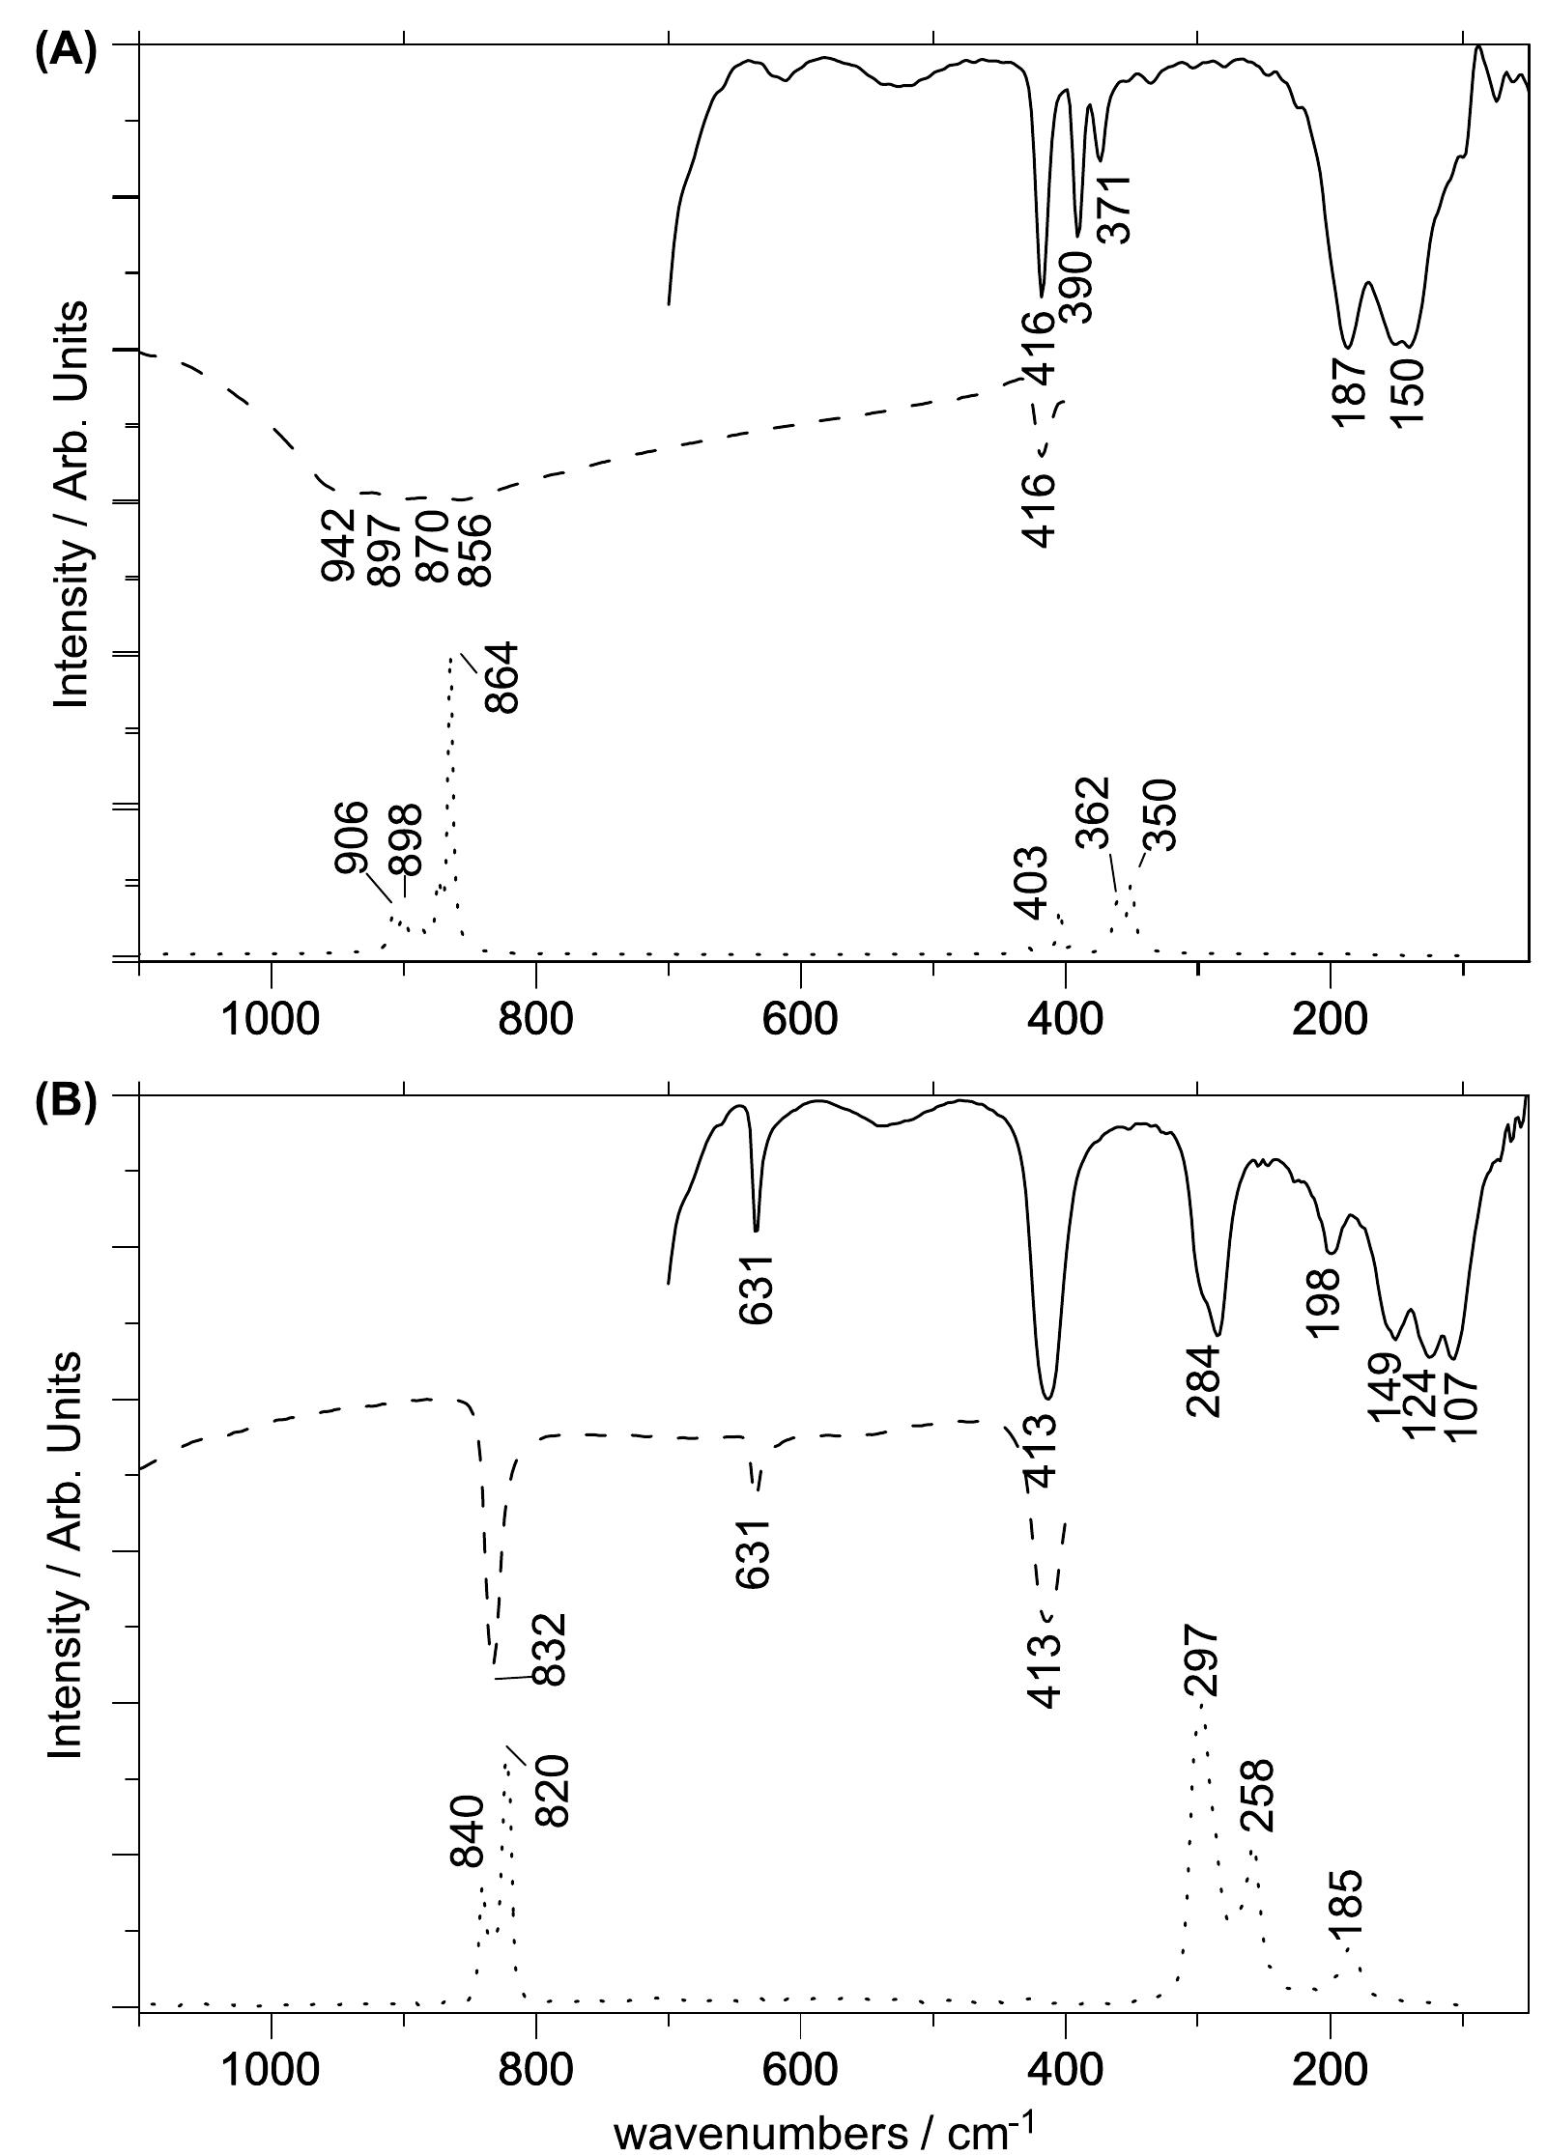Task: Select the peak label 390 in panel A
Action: pos(1074,287)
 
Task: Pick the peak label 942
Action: pos(338,546)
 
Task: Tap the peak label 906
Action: pos(352,837)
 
